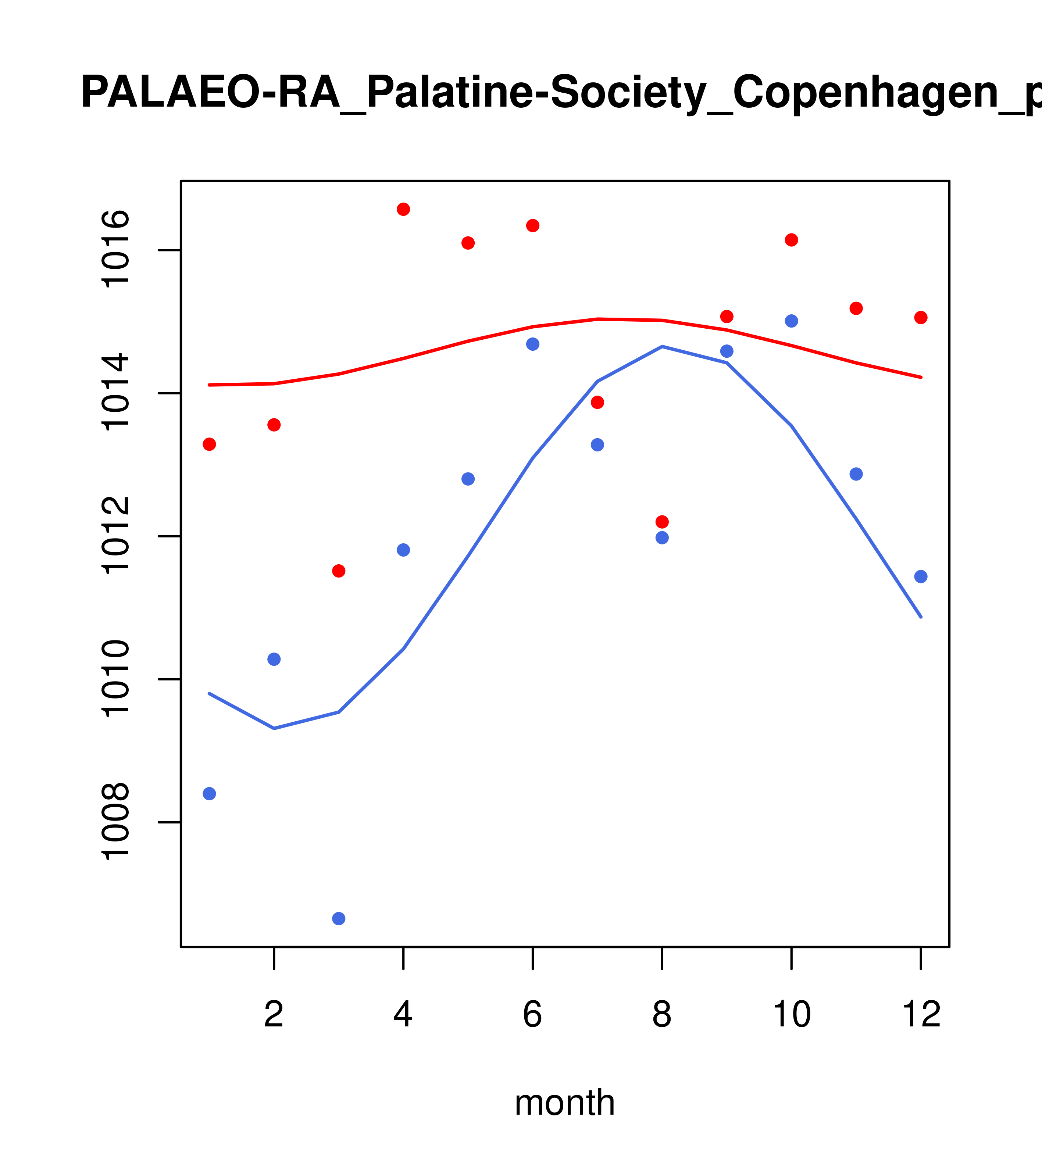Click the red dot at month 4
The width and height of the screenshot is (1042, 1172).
[x=403, y=209]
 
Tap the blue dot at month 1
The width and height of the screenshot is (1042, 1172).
[x=209, y=794]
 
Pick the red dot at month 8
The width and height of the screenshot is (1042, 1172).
[x=662, y=522]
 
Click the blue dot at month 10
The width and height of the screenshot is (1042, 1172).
[x=791, y=321]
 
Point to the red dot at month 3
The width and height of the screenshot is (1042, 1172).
[x=339, y=571]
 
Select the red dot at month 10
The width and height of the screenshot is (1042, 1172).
[x=791, y=240]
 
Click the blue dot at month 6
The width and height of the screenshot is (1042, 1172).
[x=533, y=344]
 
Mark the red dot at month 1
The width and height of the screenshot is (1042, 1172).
[x=209, y=444]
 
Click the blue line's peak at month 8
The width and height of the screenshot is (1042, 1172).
[x=662, y=346]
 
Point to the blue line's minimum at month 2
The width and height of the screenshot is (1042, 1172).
[x=274, y=728]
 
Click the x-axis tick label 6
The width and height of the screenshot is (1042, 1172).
[x=533, y=1015]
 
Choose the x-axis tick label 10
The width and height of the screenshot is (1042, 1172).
[x=791, y=1015]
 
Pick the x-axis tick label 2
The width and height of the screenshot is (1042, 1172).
[x=274, y=1015]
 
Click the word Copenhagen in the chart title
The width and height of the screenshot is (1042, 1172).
[x=866, y=93]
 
